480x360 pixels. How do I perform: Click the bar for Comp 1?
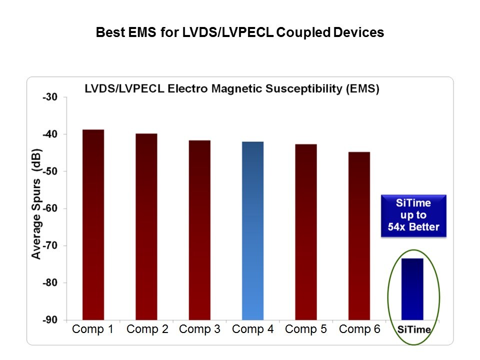(x=93, y=225)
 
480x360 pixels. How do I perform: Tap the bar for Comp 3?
(x=199, y=230)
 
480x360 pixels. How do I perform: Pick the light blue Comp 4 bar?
(x=252, y=230)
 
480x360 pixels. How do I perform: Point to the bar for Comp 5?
(x=305, y=232)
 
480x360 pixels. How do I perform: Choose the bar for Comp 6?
(x=359, y=235)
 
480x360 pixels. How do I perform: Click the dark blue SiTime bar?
(x=412, y=289)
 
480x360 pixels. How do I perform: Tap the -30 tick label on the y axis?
(x=50, y=97)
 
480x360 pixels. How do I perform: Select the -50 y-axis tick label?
(x=50, y=171)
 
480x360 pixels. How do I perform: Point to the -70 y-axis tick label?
(x=50, y=245)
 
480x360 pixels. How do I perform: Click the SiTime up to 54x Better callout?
(x=413, y=215)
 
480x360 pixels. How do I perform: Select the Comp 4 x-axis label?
(x=252, y=329)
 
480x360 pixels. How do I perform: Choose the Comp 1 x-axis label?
(x=93, y=329)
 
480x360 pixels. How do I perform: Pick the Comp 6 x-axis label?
(x=359, y=329)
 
